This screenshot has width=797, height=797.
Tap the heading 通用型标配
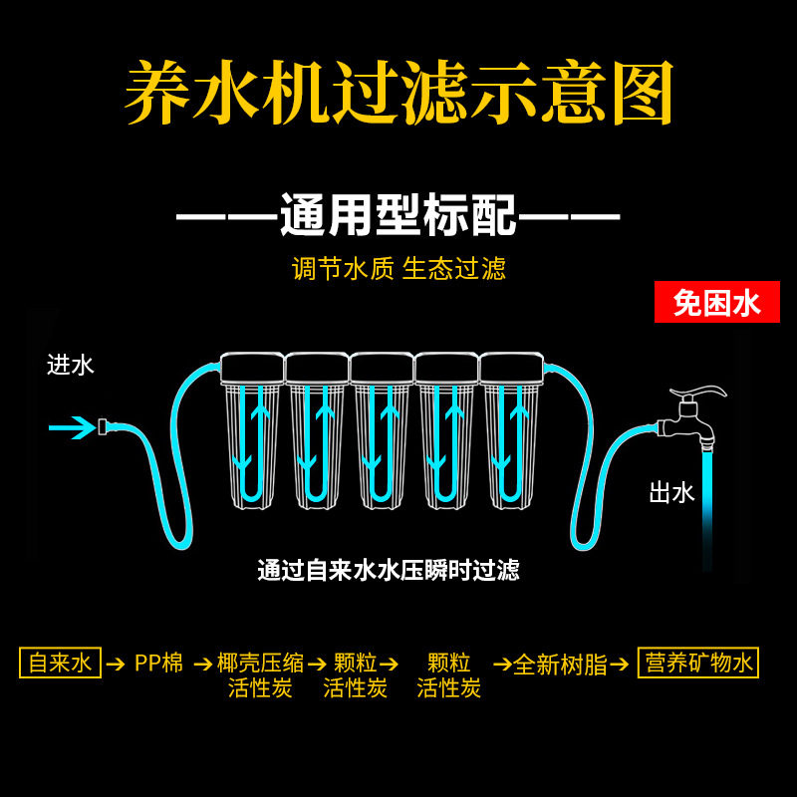pos(398,215)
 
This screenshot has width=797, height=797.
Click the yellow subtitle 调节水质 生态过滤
pos(398,268)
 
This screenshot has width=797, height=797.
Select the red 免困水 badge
pos(716,302)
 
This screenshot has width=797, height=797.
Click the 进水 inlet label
pos(71,365)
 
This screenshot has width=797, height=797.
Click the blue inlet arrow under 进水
pos(72,428)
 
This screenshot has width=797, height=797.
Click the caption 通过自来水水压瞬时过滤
pos(389,571)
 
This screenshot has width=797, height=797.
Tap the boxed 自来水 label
pos(60,663)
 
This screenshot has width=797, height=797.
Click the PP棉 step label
pos(159,663)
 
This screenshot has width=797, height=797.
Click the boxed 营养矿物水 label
pos(697,663)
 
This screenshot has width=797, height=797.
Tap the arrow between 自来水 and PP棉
pos(116,664)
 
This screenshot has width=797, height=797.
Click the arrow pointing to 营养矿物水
pos(620,664)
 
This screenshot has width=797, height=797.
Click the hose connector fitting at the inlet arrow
pos(103,428)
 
